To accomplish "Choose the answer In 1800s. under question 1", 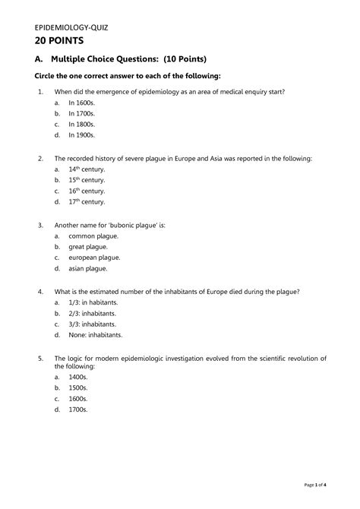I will [81, 124].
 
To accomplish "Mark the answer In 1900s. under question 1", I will [81, 134].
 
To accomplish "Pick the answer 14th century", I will [87, 170].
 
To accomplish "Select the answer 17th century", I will [87, 203].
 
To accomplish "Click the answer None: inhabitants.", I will [95, 334].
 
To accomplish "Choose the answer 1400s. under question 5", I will [77, 378].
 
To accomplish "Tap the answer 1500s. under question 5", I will [77, 388].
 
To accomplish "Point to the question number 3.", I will [39, 226].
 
